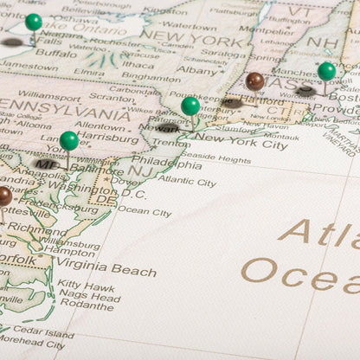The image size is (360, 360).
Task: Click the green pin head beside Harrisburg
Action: pyautogui.click(x=69, y=139)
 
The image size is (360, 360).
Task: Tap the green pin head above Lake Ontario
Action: pyautogui.click(x=33, y=22)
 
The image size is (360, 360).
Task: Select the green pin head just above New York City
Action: pyautogui.click(x=190, y=106)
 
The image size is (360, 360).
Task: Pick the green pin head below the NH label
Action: pyautogui.click(x=326, y=71)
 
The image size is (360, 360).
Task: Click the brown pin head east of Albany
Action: pyautogui.click(x=254, y=80)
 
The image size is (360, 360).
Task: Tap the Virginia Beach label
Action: pyautogui.click(x=106, y=269)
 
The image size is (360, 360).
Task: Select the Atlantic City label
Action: pyautogui.click(x=187, y=182)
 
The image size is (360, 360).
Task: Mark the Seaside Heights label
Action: pyautogui.click(x=215, y=158)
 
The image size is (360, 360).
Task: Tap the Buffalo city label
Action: pyautogui.click(x=55, y=53)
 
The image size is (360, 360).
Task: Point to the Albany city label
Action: pyautogui.click(x=196, y=70)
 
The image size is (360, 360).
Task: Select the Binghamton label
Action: pyautogui.click(x=151, y=76)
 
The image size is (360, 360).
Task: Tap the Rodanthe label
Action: pyautogui.click(x=87, y=305)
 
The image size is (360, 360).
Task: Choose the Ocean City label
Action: pyautogui.click(x=144, y=211)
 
